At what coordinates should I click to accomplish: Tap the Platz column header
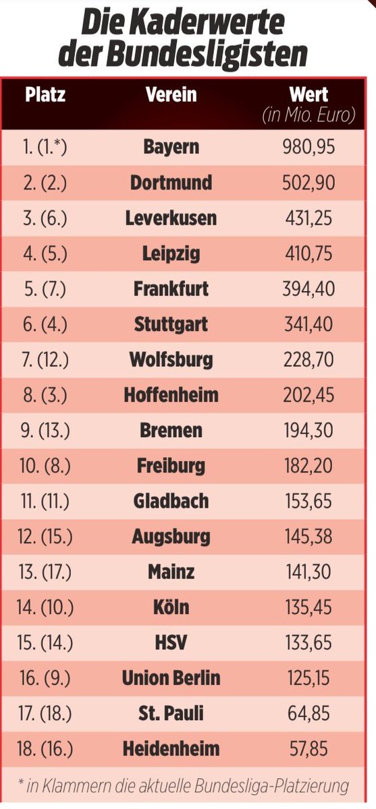pos(45,94)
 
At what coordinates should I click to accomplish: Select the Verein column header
pos(171,94)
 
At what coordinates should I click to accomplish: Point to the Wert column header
pos(308,94)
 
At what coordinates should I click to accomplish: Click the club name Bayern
pos(171,147)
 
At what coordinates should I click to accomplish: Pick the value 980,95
pos(308,147)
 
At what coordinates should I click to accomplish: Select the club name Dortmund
pos(171,183)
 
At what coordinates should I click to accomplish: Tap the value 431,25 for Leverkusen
pos(308,218)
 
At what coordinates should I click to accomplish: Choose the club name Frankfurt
pos(171,289)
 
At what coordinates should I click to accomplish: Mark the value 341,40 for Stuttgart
pos(308,324)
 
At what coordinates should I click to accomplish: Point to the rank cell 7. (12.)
pos(45,359)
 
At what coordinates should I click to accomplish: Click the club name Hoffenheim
pos(171,395)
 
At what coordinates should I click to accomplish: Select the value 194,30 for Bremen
pos(308,430)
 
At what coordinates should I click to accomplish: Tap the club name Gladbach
pos(171,501)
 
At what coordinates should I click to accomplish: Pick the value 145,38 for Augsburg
pos(308,537)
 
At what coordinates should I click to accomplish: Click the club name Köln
pos(171,607)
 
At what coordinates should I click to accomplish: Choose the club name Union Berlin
pos(171,678)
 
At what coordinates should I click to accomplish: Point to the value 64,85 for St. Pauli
pos(308,713)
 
